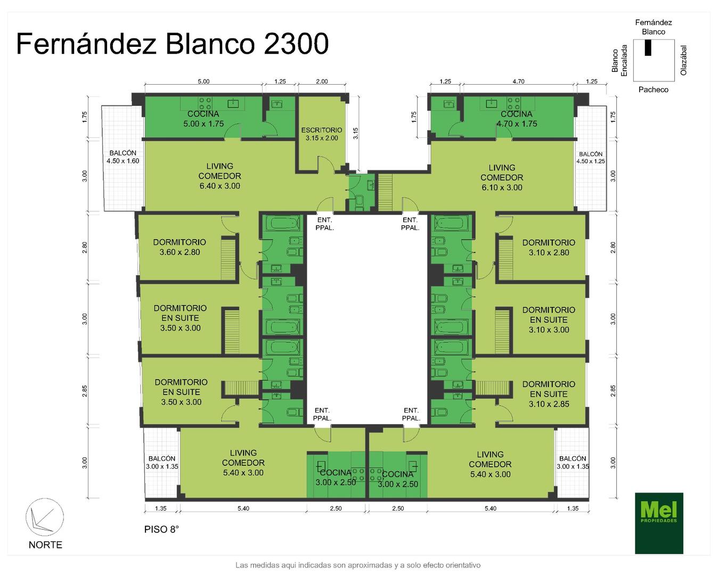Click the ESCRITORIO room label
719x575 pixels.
coord(321,134)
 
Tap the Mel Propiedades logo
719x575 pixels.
coord(659,523)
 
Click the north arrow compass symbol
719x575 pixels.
coord(44,517)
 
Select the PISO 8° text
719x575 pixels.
coord(161,530)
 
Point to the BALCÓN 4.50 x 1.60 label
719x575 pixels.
coord(122,157)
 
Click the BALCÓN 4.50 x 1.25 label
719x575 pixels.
coord(590,158)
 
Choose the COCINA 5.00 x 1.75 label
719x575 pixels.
coord(203,119)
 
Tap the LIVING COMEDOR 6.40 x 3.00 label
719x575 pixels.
coord(219,176)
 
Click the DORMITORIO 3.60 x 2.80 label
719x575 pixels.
coord(179,247)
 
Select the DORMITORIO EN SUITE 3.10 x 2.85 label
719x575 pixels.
coord(549,394)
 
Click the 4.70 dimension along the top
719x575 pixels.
coord(518,81)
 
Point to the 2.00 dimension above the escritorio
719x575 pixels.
coord(322,81)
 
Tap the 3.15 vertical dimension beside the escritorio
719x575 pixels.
coord(355,133)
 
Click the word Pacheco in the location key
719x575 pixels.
coord(653,89)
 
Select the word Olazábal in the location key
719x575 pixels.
coord(684,61)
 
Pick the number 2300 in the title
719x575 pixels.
coord(296,44)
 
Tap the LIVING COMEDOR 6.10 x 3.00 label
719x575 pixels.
coord(502,177)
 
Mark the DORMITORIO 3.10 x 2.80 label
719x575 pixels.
coord(549,248)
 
